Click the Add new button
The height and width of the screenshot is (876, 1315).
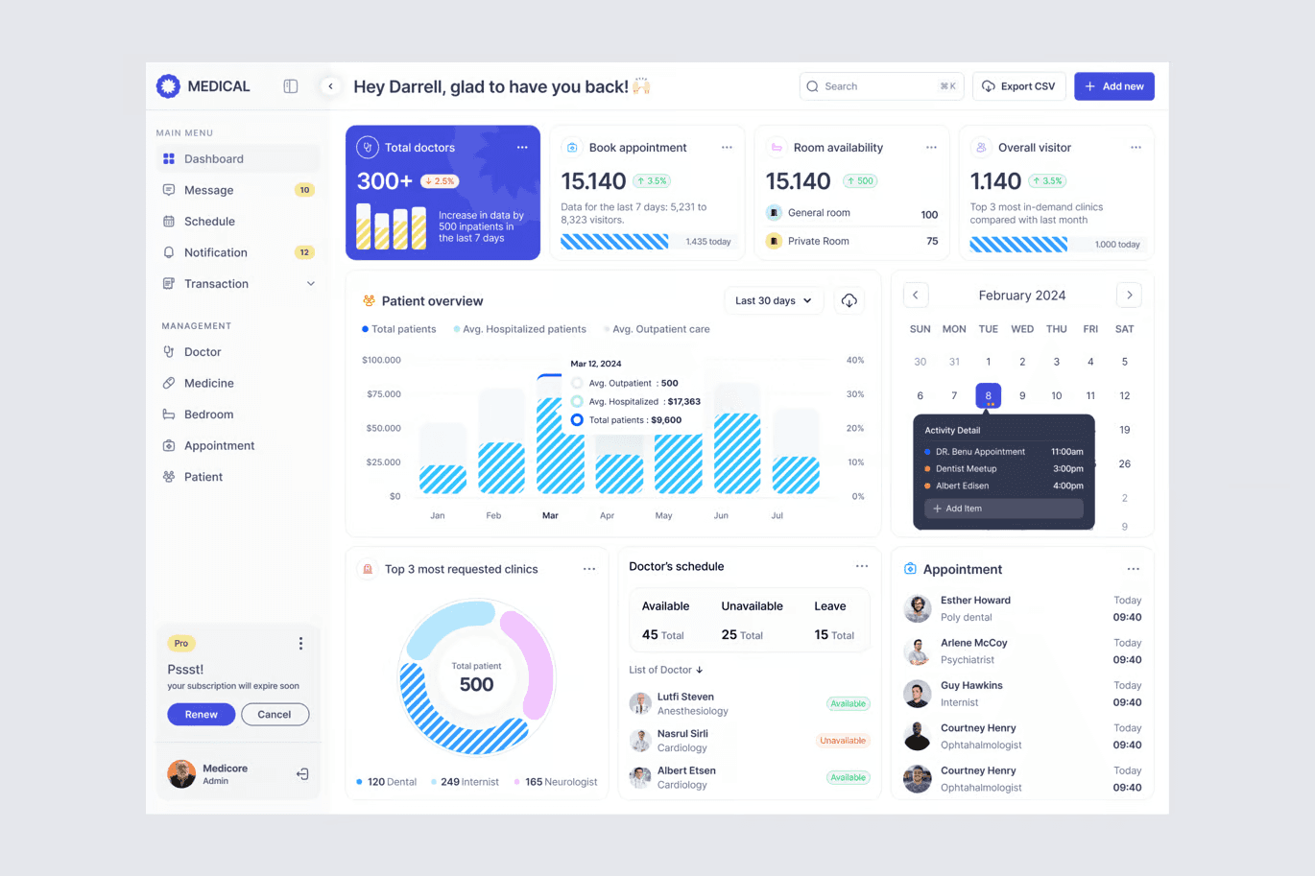[x=1113, y=86]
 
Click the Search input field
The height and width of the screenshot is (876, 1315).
[x=881, y=86]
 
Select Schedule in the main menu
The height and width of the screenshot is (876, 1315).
[x=209, y=222]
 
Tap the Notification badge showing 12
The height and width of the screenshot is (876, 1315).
[x=304, y=252]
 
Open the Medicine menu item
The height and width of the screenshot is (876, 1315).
[x=209, y=383]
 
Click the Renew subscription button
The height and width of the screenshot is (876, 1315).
[x=201, y=714]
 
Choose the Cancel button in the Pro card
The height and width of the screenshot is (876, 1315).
[x=275, y=714]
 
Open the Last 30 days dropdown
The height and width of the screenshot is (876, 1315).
[x=773, y=300]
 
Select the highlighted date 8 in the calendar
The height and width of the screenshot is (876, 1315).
[x=988, y=395]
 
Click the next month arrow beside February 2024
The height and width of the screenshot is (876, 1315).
[x=1129, y=296]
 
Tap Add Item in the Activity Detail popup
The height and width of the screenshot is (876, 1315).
[x=1004, y=509]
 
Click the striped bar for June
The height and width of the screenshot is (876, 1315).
[x=737, y=453]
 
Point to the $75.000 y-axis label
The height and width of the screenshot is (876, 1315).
[x=383, y=393]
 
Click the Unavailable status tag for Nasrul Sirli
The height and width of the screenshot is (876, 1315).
[x=843, y=741]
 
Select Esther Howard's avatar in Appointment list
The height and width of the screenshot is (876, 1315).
[x=918, y=608]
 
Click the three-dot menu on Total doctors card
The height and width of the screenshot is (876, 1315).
[x=522, y=147]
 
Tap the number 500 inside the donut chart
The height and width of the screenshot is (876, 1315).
[x=476, y=684]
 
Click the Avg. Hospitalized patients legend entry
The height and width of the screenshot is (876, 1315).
[x=519, y=329]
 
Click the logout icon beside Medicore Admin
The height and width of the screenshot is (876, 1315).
[x=302, y=774]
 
